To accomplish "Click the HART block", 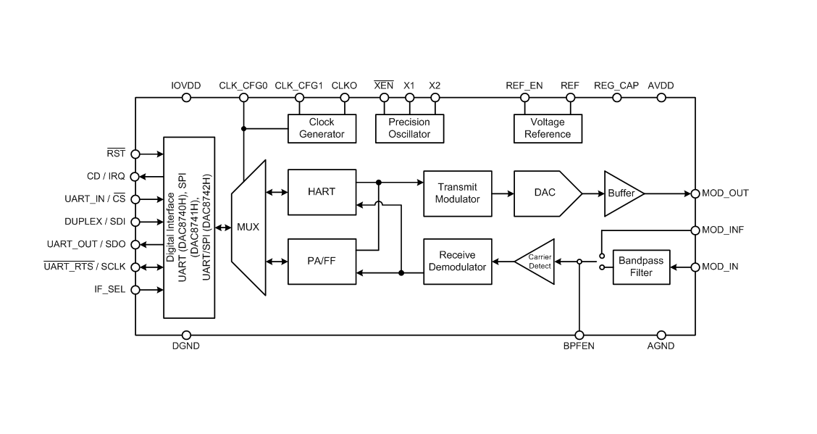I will [322, 192].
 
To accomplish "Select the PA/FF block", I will [322, 261].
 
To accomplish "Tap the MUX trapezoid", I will [248, 228].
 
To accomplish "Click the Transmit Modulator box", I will [457, 193].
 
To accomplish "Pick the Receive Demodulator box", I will [457, 261].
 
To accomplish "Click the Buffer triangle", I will [620, 193].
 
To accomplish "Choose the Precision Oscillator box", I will [409, 128].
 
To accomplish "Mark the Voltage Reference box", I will [548, 128].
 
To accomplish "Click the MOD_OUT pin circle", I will [696, 193].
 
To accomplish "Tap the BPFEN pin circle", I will [579, 335].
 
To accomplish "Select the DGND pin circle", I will [186, 335].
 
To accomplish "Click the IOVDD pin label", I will [186, 85].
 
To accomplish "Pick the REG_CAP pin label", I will [616, 85].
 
